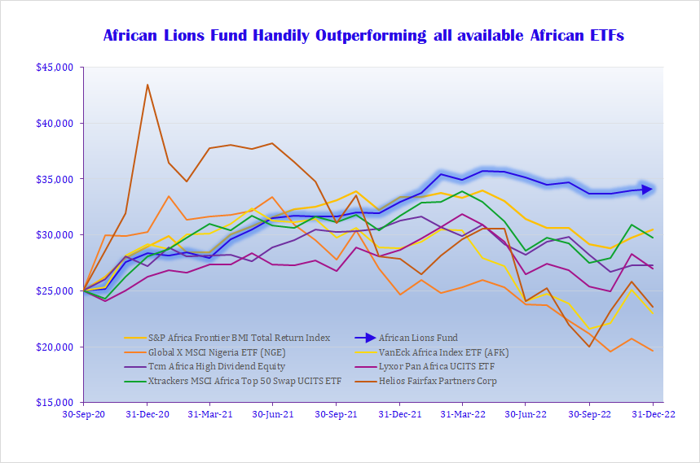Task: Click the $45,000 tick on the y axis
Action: tap(55, 68)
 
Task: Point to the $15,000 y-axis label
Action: tap(55, 403)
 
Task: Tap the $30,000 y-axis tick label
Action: tap(55, 235)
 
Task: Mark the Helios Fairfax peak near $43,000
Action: tap(147, 85)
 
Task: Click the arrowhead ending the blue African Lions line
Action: tap(648, 190)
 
